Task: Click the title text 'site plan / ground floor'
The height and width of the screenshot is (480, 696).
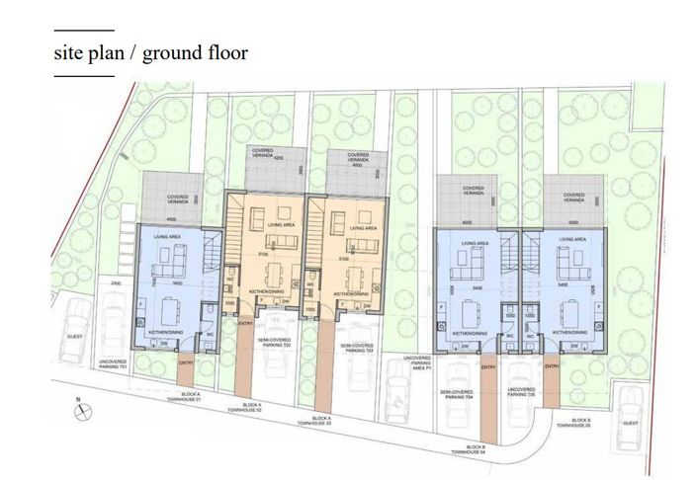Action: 150,51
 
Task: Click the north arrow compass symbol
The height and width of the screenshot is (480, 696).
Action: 78,406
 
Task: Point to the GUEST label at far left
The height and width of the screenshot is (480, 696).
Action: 73,337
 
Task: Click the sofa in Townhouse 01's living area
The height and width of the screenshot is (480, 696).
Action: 174,260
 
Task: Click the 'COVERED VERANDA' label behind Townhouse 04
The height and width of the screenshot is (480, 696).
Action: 473,189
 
